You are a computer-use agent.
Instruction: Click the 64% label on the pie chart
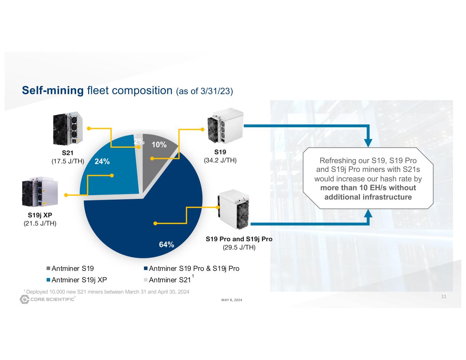(x=166, y=244)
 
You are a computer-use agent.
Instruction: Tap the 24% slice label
(x=102, y=161)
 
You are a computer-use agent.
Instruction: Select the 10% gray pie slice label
(x=159, y=145)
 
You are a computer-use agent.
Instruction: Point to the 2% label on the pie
(x=138, y=141)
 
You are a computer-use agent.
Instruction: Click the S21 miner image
(x=67, y=128)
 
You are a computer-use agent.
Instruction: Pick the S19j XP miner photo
(x=40, y=192)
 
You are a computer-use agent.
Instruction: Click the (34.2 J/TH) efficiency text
(x=220, y=160)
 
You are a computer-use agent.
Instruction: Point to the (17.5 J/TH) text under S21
(x=68, y=161)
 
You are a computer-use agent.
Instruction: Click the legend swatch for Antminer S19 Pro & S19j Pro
(x=146, y=269)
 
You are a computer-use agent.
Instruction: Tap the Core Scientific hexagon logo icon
(x=25, y=300)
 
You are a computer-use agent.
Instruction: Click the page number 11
(x=444, y=297)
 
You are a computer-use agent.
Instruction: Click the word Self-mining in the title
(x=53, y=90)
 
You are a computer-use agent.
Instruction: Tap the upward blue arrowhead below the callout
(x=368, y=213)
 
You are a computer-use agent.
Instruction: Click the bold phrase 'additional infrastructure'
(x=368, y=197)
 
